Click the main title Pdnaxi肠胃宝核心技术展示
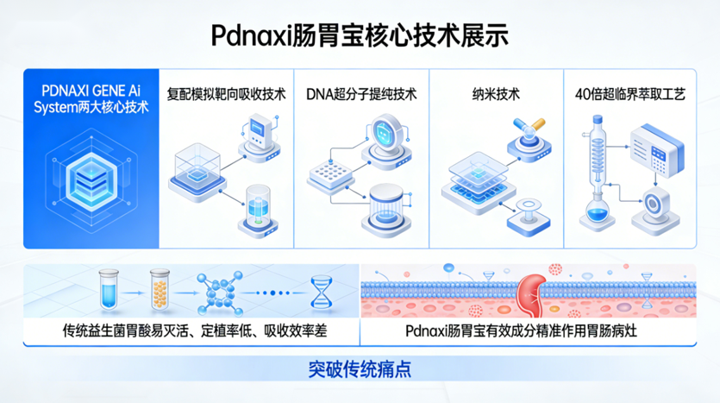[360, 35]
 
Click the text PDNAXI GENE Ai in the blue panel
[90, 91]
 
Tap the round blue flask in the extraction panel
[596, 210]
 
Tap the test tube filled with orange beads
[157, 289]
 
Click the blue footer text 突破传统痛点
[359, 368]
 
